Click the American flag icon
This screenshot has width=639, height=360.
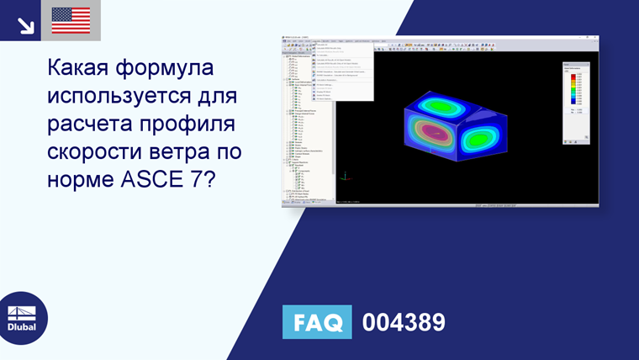71,20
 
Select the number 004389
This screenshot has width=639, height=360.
403,322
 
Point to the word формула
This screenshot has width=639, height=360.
171,67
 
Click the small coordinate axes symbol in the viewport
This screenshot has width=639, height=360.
346,178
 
